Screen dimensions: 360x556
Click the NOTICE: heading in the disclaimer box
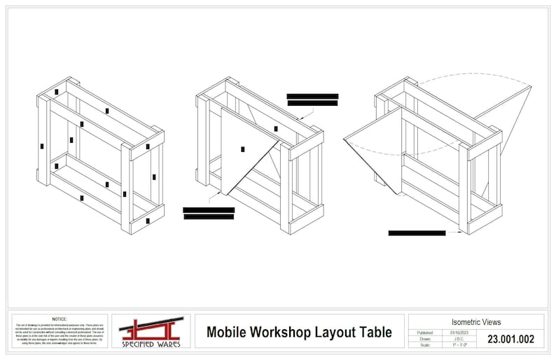coord(60,319)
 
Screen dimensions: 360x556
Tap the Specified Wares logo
coord(150,332)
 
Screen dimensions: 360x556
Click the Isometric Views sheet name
coord(475,322)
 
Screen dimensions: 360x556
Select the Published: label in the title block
coord(425,332)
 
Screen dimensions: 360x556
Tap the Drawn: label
coord(425,339)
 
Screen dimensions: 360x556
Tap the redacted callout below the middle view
coord(208,213)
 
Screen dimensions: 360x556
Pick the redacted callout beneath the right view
coord(417,233)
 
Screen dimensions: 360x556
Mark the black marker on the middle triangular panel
coord(242,148)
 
